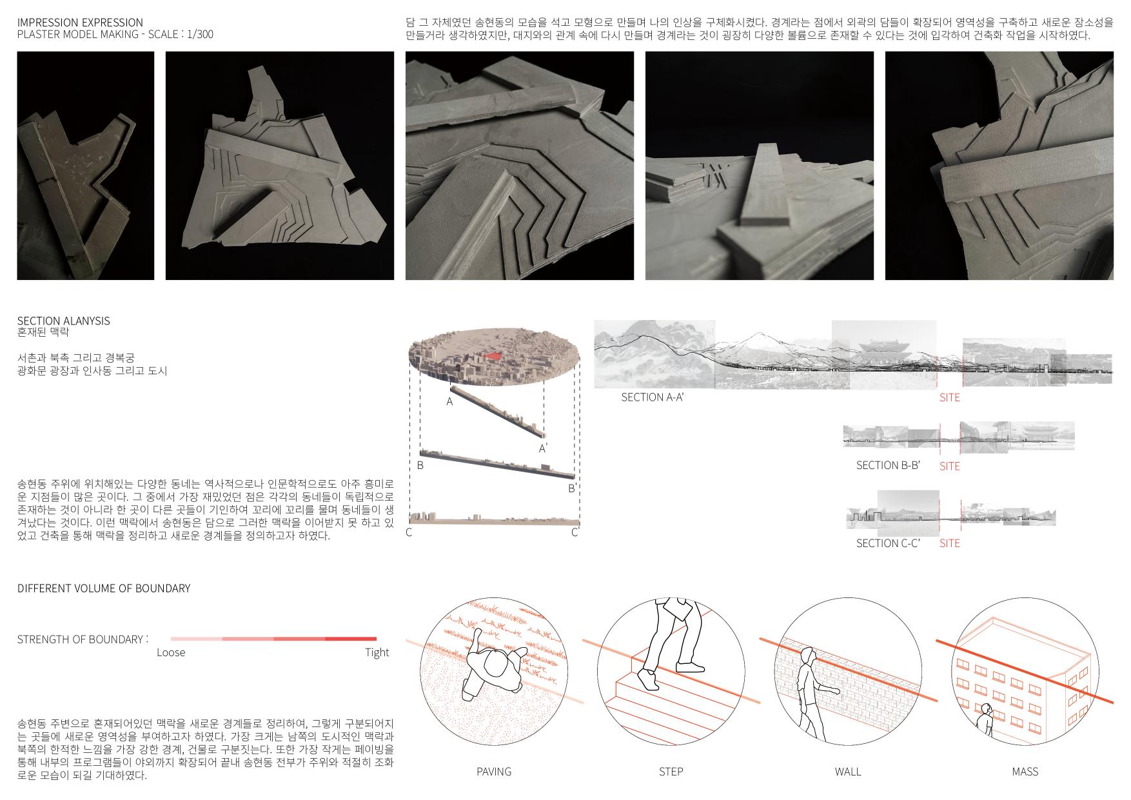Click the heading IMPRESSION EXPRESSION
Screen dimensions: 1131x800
pos(80,23)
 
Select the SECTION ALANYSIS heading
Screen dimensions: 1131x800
pos(63,321)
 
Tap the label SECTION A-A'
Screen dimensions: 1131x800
pos(652,397)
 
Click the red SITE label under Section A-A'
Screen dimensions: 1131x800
pos(949,397)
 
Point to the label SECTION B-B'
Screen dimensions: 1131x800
pos(887,465)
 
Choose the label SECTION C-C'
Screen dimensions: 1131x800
pos(887,543)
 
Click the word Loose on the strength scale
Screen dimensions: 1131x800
pos(171,653)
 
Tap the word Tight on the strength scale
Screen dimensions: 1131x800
pos(377,653)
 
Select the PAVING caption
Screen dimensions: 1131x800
pos(494,772)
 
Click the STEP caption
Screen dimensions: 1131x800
pos(671,772)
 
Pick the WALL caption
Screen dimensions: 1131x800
pos(847,772)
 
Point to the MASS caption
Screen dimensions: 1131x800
pos(1025,772)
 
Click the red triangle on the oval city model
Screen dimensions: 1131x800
pos(493,355)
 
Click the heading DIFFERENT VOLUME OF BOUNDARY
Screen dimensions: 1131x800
pos(104,588)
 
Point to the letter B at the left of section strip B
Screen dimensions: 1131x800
pos(420,465)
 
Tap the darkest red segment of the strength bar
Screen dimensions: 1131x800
pos(351,639)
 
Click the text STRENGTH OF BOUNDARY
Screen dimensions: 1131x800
pos(80,639)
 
